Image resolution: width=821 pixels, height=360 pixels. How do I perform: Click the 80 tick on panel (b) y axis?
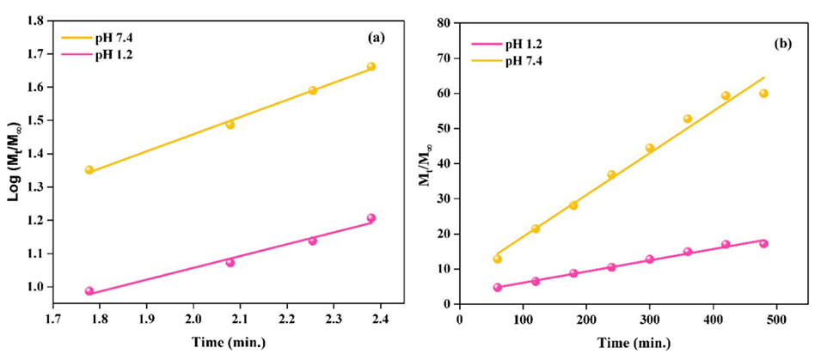click(444, 23)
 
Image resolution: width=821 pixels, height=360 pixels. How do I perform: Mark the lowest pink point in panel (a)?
click(89, 291)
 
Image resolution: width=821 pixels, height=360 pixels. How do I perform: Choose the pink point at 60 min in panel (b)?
click(497, 288)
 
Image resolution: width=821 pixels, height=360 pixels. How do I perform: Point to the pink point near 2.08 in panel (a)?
click(230, 262)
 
